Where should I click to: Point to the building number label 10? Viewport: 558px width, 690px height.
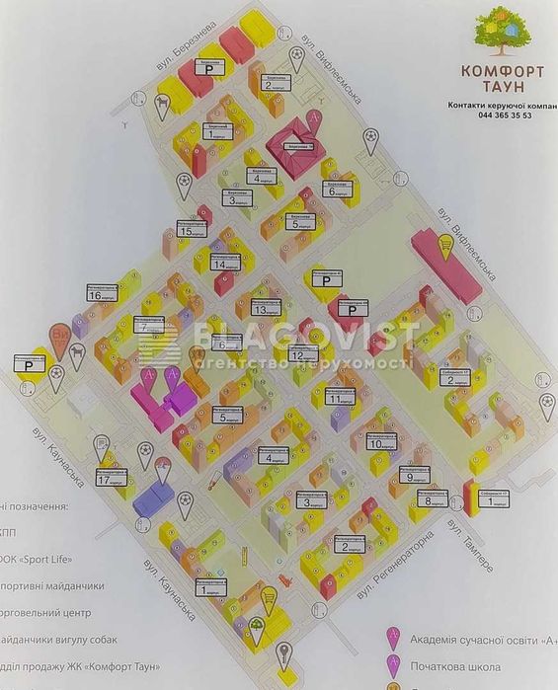pyautogui.click(x=375, y=444)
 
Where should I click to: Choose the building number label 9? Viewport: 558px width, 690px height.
pyautogui.click(x=410, y=478)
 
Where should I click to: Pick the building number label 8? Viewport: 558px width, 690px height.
pyautogui.click(x=428, y=499)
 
